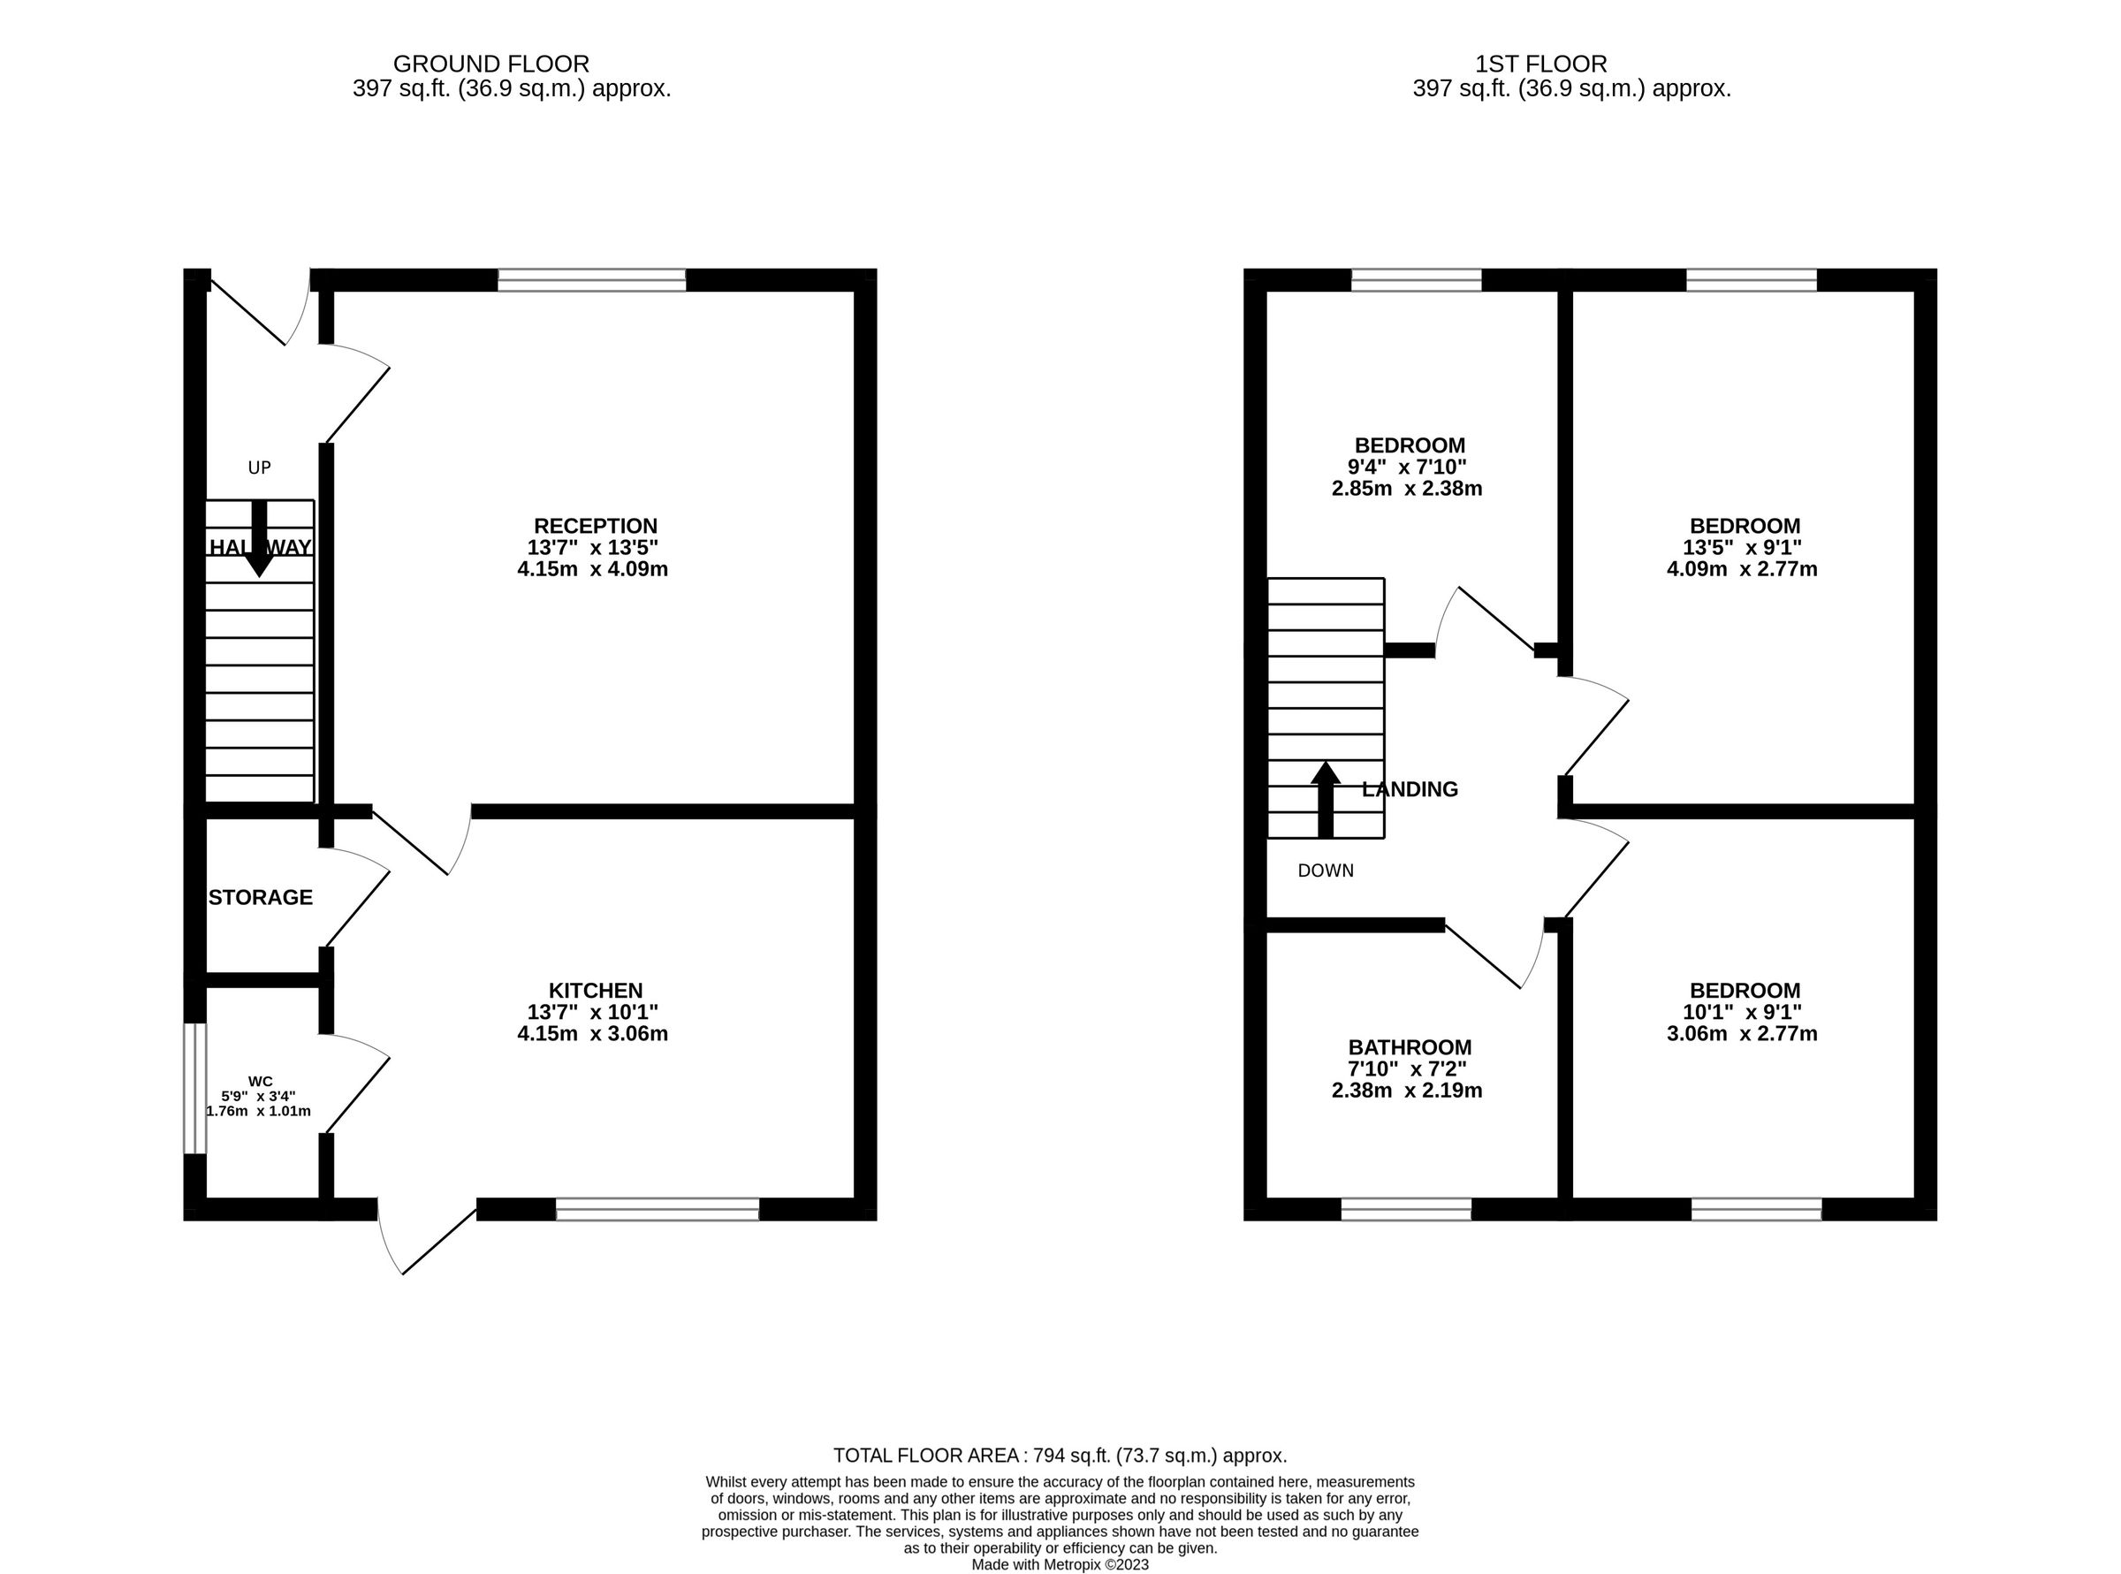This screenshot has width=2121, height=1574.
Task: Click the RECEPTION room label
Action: (x=595, y=526)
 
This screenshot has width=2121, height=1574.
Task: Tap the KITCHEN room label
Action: (x=595, y=990)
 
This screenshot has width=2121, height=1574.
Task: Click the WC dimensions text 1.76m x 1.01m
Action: (x=258, y=1111)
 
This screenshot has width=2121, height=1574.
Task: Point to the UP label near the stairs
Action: (x=259, y=468)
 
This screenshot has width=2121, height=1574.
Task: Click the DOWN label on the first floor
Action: (x=1326, y=870)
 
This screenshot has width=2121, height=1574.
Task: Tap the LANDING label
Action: (x=1410, y=789)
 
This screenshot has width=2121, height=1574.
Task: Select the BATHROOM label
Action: (x=1410, y=1047)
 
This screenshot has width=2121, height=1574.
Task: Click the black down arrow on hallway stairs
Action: (x=258, y=539)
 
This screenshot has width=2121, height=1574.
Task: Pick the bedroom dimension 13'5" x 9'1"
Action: (x=1745, y=548)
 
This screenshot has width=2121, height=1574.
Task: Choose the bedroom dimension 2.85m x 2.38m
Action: (x=1406, y=489)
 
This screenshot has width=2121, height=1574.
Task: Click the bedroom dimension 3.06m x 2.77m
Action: (x=1742, y=1034)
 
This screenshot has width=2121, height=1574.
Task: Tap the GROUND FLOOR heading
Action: (x=490, y=64)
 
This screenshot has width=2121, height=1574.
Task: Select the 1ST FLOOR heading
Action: (x=1540, y=64)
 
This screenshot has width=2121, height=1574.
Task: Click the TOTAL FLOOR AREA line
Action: (x=1060, y=1455)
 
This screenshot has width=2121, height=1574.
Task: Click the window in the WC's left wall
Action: (x=194, y=1088)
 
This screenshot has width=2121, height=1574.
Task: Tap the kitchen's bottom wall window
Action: (x=658, y=1210)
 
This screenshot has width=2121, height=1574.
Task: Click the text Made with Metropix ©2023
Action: (x=1060, y=1564)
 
